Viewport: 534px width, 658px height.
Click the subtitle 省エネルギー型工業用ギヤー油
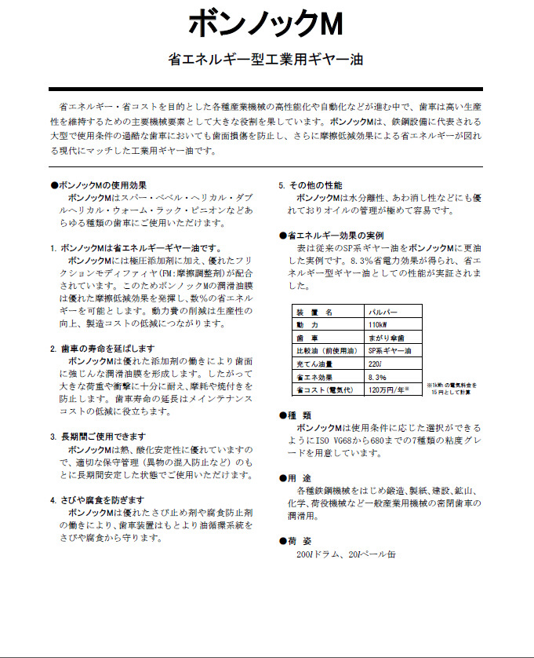coord(266,59)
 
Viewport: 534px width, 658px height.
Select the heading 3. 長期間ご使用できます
coord(97,437)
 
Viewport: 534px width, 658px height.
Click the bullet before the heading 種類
coord(283,415)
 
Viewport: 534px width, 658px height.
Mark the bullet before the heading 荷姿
coord(283,542)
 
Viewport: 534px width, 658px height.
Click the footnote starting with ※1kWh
coord(452,388)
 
